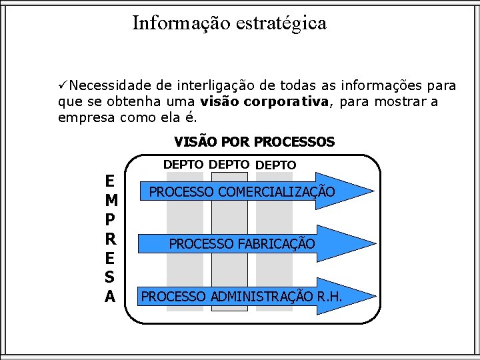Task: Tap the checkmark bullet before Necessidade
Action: coord(62,85)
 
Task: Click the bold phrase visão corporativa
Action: coord(264,102)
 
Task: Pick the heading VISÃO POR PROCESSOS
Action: coord(254,142)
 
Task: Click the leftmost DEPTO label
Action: coord(184,164)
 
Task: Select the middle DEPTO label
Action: coord(229,164)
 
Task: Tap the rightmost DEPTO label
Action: coord(276,165)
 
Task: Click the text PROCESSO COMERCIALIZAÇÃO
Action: coord(242,192)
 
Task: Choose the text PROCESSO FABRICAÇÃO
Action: coord(242,244)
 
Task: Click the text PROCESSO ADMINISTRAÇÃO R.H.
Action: coord(242,296)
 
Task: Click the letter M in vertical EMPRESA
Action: coord(111,200)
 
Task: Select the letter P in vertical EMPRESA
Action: coord(111,219)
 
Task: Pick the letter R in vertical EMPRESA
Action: coord(111,239)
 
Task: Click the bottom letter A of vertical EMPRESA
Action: coord(111,296)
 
